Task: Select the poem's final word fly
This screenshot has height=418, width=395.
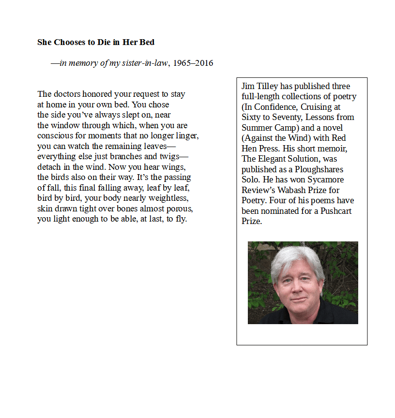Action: (x=181, y=219)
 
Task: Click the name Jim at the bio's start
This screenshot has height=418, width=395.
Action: (x=247, y=86)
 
